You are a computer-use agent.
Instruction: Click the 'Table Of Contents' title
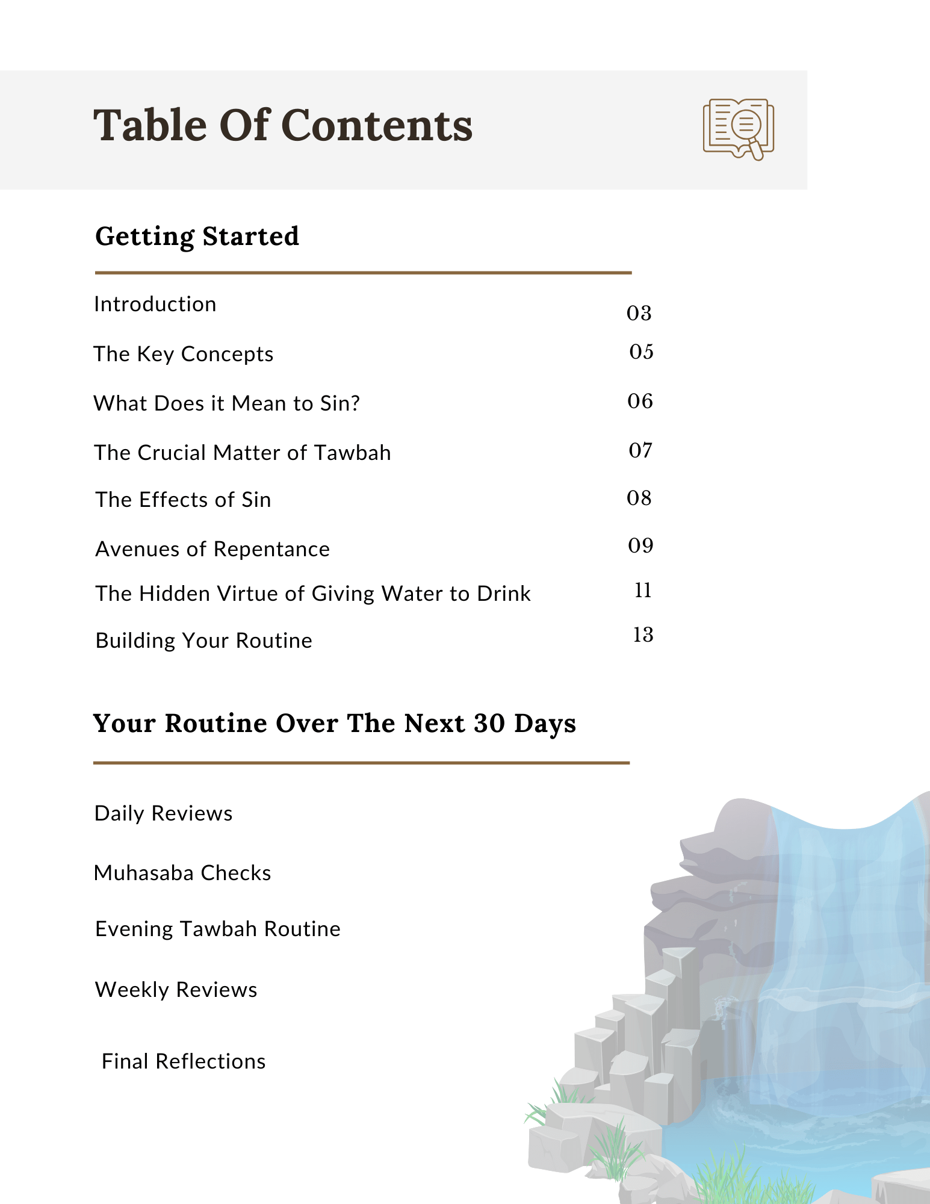click(283, 126)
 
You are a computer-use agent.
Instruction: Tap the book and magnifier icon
click(738, 129)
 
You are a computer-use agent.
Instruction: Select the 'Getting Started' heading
click(197, 236)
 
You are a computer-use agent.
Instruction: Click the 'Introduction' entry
click(155, 305)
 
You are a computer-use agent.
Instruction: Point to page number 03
click(639, 313)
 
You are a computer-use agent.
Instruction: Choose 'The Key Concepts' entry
click(184, 354)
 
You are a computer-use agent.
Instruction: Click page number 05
click(641, 352)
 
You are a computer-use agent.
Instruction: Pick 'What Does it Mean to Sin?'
click(227, 403)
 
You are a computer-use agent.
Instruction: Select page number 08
click(639, 498)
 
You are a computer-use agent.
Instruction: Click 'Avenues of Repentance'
click(212, 549)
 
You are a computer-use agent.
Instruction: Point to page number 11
click(643, 591)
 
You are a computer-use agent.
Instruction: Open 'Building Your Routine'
click(204, 641)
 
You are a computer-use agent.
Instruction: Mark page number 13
click(643, 635)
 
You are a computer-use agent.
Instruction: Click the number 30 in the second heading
click(489, 724)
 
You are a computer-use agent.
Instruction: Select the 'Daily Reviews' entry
click(164, 813)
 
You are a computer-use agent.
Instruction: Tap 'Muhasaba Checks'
click(182, 873)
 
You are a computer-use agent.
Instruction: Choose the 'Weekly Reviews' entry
click(176, 990)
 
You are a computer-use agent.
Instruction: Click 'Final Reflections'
click(184, 1061)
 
